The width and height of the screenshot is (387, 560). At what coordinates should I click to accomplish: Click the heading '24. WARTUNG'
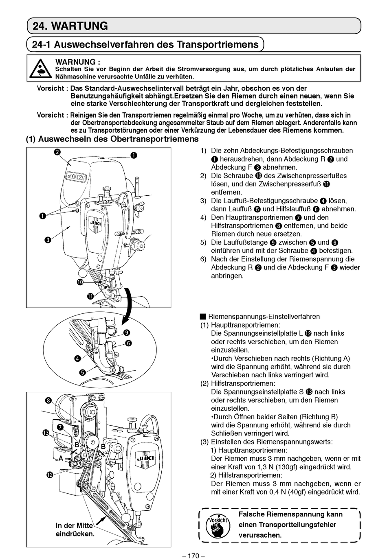coord(70,26)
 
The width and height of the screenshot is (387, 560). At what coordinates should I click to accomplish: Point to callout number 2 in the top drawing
coord(58,152)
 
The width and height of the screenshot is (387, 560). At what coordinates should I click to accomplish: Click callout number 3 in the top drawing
coord(48,240)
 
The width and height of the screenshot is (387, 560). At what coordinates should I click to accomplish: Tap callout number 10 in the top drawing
coord(80,282)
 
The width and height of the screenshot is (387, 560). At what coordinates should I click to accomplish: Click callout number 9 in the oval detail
coord(127,332)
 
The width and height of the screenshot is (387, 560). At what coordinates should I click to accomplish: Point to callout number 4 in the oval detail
coord(77,359)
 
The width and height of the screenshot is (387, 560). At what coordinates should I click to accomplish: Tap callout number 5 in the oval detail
coord(83,372)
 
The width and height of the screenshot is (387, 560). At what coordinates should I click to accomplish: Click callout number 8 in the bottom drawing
coord(48,400)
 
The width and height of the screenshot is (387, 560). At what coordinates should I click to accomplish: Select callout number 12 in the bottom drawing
coord(50,475)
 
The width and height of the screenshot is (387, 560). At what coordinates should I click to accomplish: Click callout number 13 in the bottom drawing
coord(46,433)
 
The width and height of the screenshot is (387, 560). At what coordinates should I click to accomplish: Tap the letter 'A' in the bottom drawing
coord(61,458)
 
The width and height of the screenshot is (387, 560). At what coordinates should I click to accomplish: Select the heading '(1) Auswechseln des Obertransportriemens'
coord(112,139)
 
